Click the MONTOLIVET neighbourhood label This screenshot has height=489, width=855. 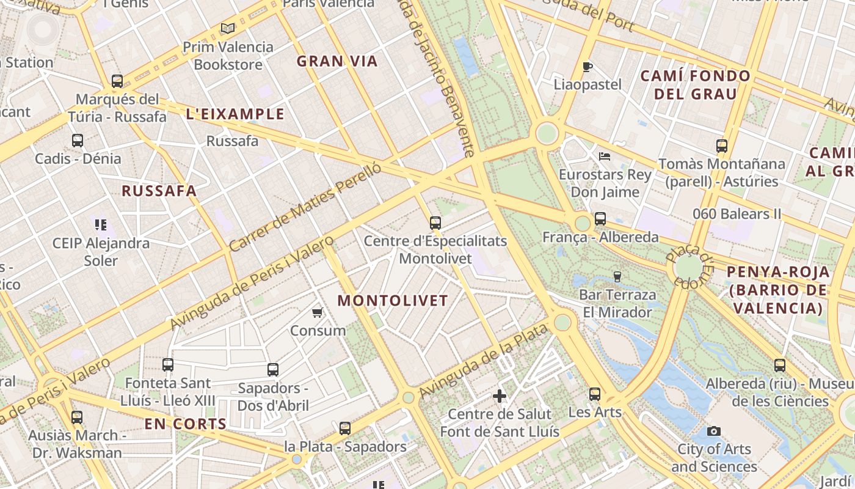point(393,301)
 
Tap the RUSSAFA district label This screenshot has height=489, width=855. point(159,191)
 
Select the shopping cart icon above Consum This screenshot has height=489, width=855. point(317,313)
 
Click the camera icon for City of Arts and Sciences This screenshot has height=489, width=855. point(713,431)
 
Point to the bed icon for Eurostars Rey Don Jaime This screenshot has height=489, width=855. point(605,156)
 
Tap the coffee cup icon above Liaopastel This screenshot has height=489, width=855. point(588,67)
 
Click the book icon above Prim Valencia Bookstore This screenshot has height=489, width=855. point(228,28)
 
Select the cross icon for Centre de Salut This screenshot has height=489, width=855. point(500,396)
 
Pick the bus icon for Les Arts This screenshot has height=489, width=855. point(595,394)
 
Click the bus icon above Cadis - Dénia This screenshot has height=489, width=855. point(78,141)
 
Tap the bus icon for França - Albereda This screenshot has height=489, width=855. point(600,219)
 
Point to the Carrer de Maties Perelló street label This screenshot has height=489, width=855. point(305,207)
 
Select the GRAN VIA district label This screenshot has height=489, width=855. point(337,61)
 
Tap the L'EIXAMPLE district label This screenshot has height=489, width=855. point(235,114)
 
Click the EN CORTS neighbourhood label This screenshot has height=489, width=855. point(186,424)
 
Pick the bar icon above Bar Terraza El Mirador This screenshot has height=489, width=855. point(617,277)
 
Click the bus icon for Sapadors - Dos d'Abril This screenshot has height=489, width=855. point(273,370)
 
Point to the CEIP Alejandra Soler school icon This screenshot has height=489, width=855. point(101,225)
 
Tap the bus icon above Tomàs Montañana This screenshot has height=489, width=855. point(722,146)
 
